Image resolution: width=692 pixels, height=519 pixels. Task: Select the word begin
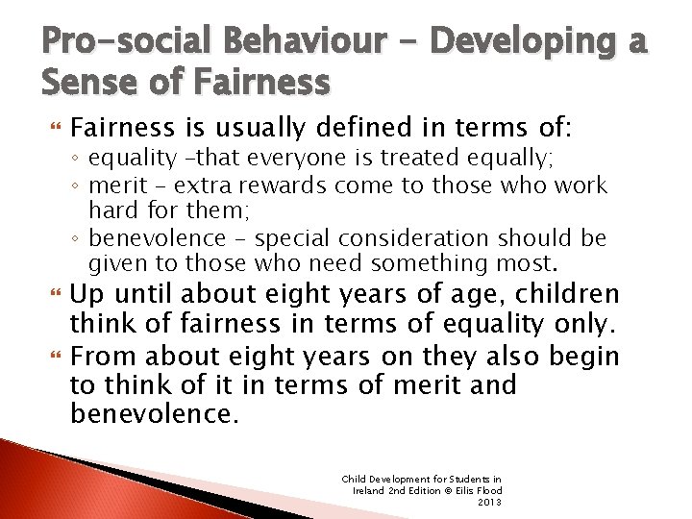[584, 358]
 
